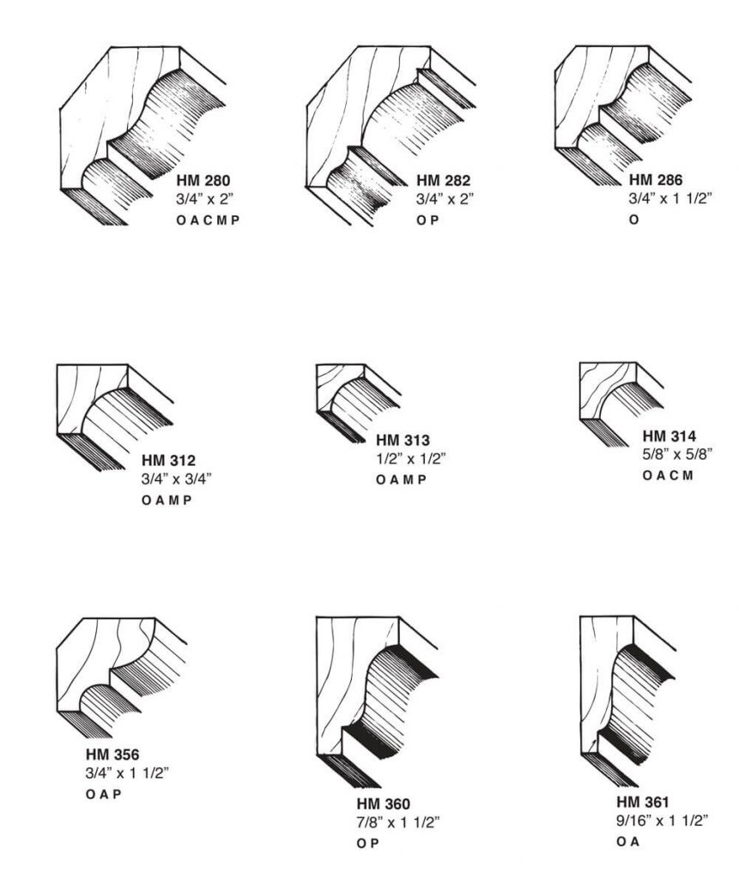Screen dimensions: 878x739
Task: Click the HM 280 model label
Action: point(203,181)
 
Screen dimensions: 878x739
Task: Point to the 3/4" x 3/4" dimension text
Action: point(177,478)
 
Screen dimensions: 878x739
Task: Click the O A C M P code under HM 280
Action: point(208,219)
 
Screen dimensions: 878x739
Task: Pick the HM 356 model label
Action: point(112,755)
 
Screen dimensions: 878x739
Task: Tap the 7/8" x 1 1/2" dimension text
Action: point(398,823)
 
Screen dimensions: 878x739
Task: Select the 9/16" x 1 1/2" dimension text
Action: point(662,821)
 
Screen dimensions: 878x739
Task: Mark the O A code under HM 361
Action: point(627,843)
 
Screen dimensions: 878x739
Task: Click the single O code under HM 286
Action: point(633,219)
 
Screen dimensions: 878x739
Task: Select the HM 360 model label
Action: point(383,803)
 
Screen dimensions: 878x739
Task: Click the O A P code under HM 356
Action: point(103,794)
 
